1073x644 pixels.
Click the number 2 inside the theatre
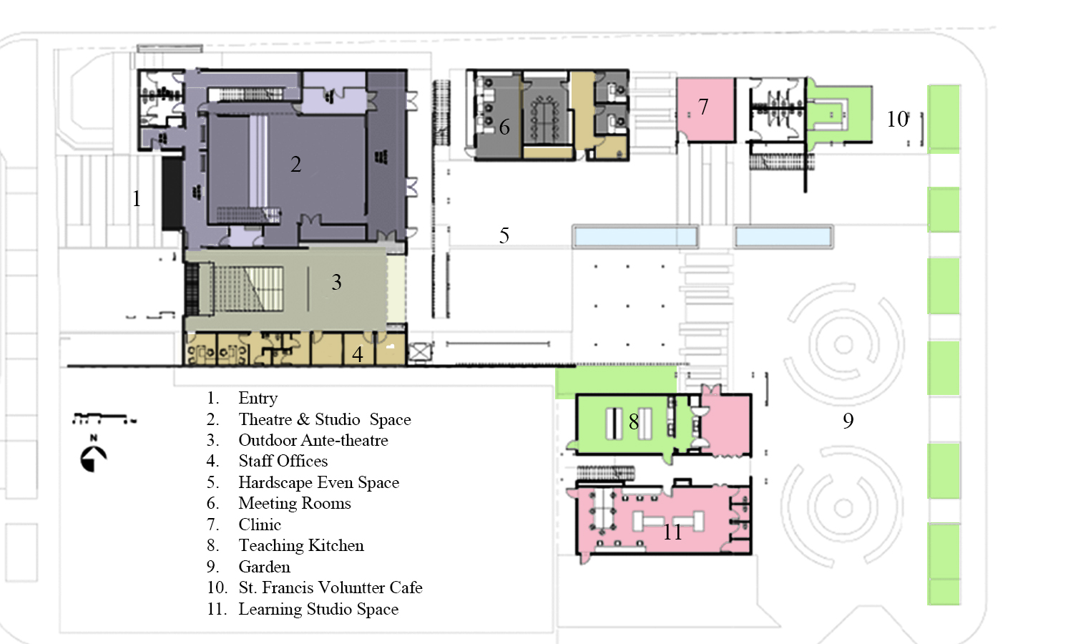pyautogui.click(x=296, y=165)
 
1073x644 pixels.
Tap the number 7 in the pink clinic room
pyautogui.click(x=702, y=107)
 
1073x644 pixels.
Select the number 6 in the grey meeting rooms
pyautogui.click(x=504, y=127)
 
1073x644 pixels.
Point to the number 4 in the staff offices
pyautogui.click(x=358, y=354)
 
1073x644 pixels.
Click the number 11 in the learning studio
pyautogui.click(x=672, y=532)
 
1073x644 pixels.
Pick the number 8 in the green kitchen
pyautogui.click(x=633, y=421)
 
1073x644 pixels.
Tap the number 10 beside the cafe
pyautogui.click(x=897, y=119)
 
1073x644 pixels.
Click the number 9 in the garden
pyautogui.click(x=848, y=420)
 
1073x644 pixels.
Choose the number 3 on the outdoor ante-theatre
pyautogui.click(x=337, y=282)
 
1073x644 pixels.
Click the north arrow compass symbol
pyautogui.click(x=93, y=458)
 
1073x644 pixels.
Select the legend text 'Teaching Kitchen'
pyautogui.click(x=301, y=545)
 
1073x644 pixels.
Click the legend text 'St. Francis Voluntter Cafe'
pyautogui.click(x=330, y=587)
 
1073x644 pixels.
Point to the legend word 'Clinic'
pyautogui.click(x=260, y=525)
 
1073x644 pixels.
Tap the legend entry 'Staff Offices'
pyautogui.click(x=283, y=461)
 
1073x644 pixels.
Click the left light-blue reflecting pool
pyautogui.click(x=635, y=237)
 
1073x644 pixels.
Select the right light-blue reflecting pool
pyautogui.click(x=783, y=237)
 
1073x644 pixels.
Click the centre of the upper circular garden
pyautogui.click(x=843, y=344)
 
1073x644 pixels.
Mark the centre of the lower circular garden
pyautogui.click(x=843, y=508)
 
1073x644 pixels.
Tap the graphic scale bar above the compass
pyautogui.click(x=104, y=419)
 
